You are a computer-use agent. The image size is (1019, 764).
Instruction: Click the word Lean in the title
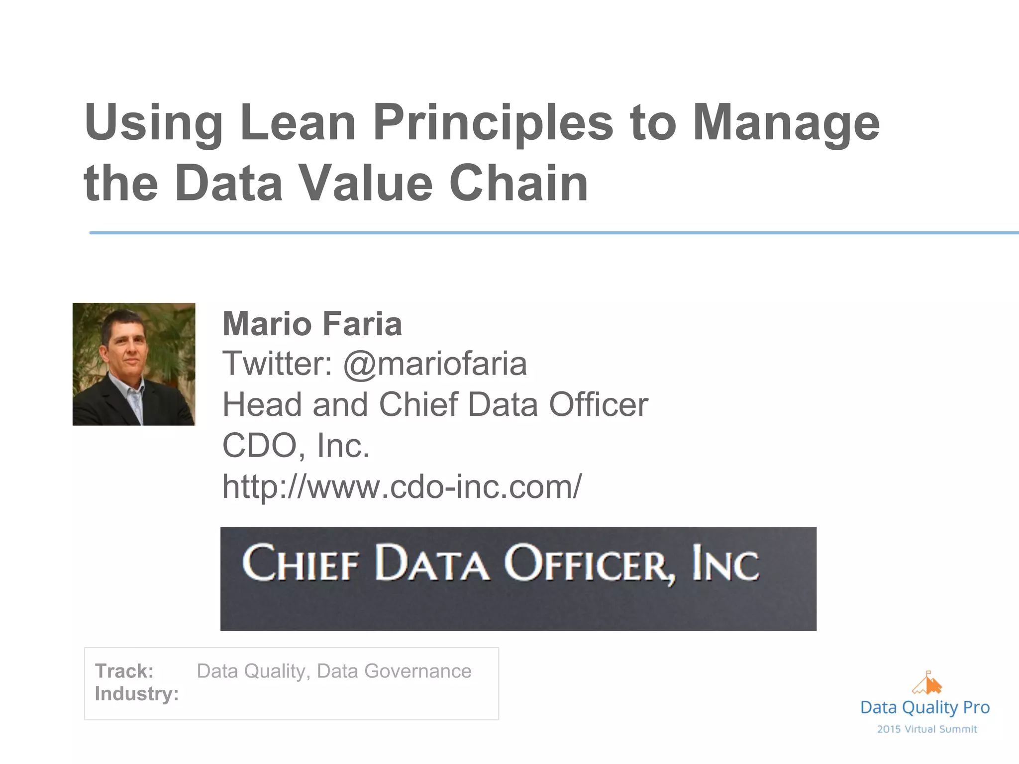(298, 122)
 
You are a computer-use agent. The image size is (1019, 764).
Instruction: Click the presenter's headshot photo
(134, 364)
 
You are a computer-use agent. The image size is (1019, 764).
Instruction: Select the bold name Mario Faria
(312, 324)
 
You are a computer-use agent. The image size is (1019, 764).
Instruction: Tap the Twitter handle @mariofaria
(435, 364)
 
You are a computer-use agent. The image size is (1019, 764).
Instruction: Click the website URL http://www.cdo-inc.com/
(402, 486)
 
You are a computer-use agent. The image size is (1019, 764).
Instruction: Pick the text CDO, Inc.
(296, 445)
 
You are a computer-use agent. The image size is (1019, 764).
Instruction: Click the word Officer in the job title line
(599, 404)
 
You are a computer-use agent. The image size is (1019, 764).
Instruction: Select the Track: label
(124, 671)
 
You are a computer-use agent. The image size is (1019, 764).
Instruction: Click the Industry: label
(137, 694)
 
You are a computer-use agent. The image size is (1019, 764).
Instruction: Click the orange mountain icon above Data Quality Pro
(926, 683)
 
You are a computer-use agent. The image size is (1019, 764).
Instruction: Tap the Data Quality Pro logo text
(925, 707)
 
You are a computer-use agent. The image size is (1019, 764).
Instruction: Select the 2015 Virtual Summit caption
(927, 729)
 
